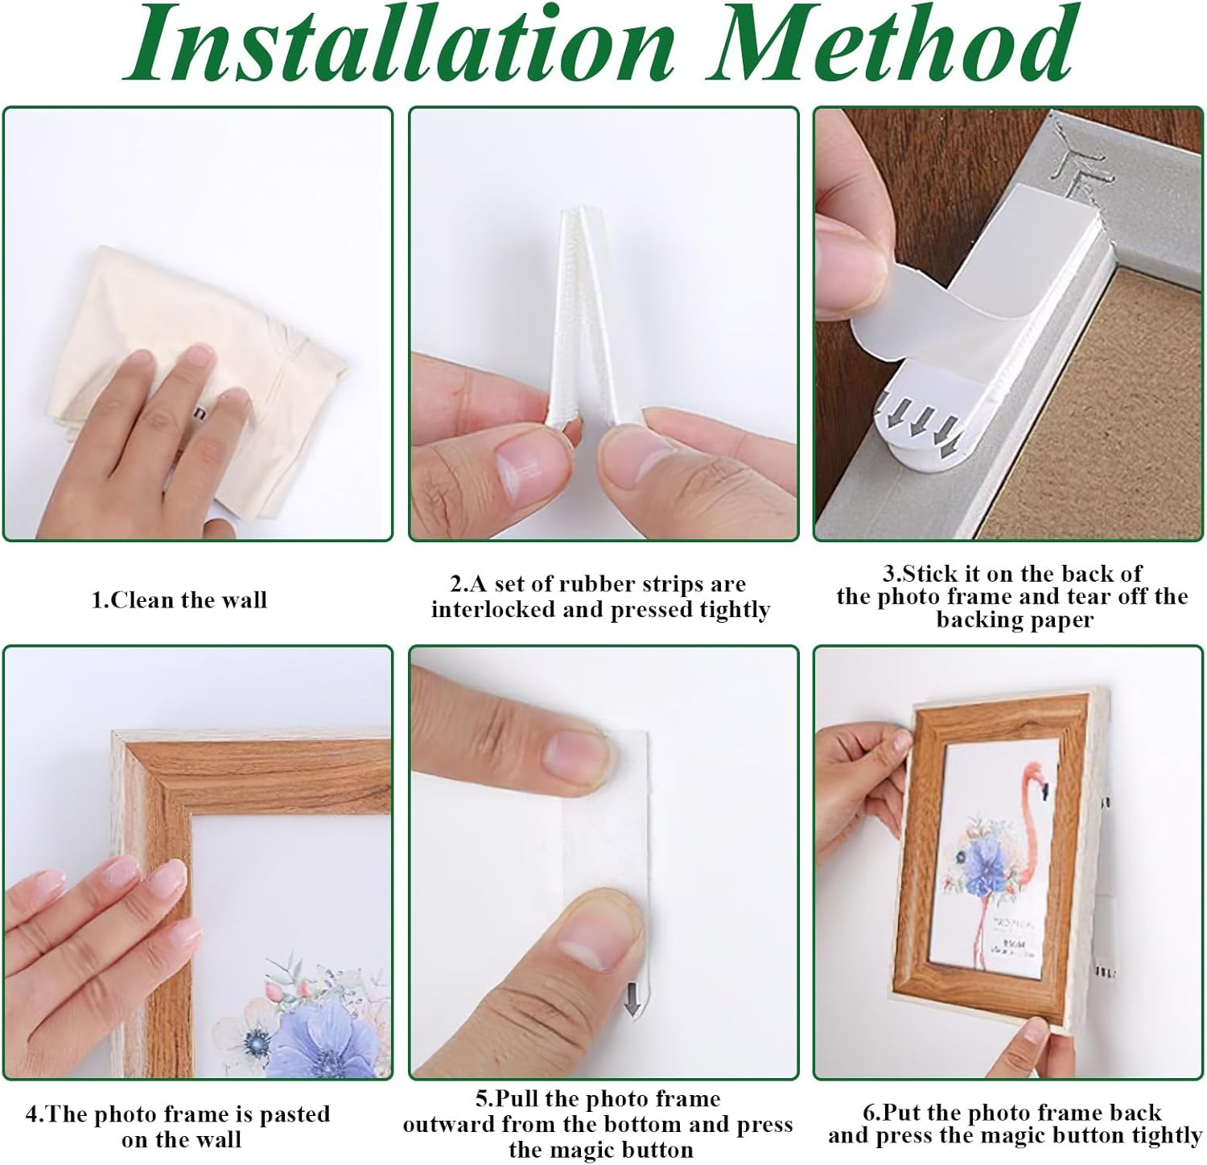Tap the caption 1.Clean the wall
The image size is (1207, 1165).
click(x=179, y=600)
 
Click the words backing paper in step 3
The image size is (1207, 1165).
click(x=1015, y=620)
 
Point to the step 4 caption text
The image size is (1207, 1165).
click(x=179, y=1126)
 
